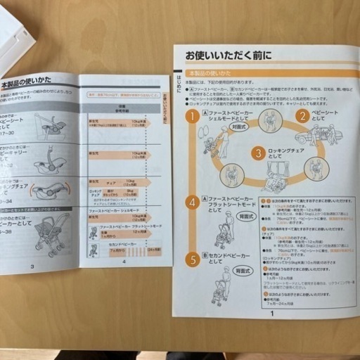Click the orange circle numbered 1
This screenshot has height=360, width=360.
pyautogui.click(x=192, y=116)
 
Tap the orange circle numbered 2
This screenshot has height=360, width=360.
pyautogui.click(x=302, y=116)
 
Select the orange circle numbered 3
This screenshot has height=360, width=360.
pyautogui.click(x=258, y=153)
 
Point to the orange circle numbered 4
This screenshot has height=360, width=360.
pyautogui.click(x=192, y=202)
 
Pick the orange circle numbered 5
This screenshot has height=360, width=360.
pyautogui.click(x=192, y=259)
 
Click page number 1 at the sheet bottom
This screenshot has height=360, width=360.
pyautogui.click(x=271, y=313)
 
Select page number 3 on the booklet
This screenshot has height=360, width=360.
pyautogui.click(x=32, y=266)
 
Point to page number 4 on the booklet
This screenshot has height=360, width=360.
pyautogui.click(x=124, y=262)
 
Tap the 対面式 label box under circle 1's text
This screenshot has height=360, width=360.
pyautogui.click(x=237, y=127)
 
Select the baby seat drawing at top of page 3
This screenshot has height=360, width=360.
pyautogui.click(x=49, y=125)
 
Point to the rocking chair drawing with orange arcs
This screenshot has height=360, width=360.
pyautogui.click(x=49, y=190)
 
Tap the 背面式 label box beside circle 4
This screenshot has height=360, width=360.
pyautogui.click(x=245, y=216)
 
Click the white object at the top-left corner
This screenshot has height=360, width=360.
pyautogui.click(x=14, y=35)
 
